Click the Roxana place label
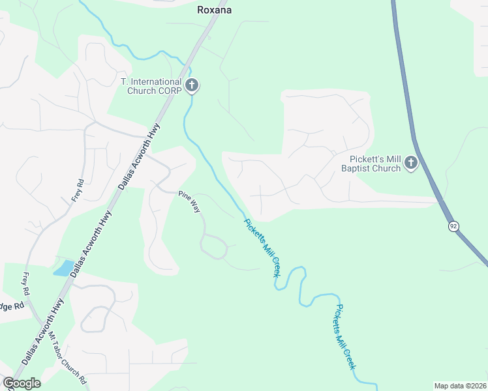(x=215, y=10)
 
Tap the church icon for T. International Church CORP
(x=192, y=85)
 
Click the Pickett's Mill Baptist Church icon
(x=410, y=162)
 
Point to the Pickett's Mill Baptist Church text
(x=371, y=164)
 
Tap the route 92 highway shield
(x=453, y=226)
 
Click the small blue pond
(x=63, y=268)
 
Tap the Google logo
(x=22, y=383)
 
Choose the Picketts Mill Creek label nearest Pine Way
(x=262, y=248)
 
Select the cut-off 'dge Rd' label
(x=12, y=306)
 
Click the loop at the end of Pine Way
(x=214, y=247)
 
